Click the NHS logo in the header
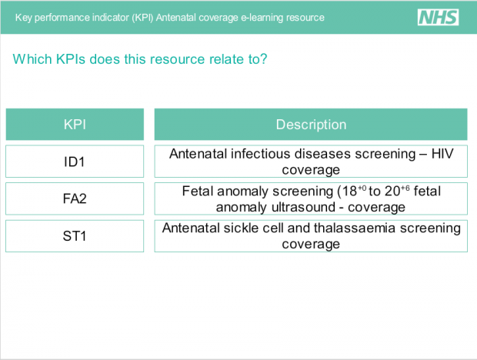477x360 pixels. point(438,17)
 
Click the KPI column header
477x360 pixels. point(75,125)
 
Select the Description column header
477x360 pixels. point(311,125)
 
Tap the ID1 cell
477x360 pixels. point(75,162)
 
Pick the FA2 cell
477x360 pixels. point(75,199)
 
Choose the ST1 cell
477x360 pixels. point(75,236)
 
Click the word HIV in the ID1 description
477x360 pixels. point(442,154)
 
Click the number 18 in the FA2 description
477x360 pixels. point(349,192)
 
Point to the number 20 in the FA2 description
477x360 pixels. point(392,192)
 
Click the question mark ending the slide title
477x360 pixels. point(263,58)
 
